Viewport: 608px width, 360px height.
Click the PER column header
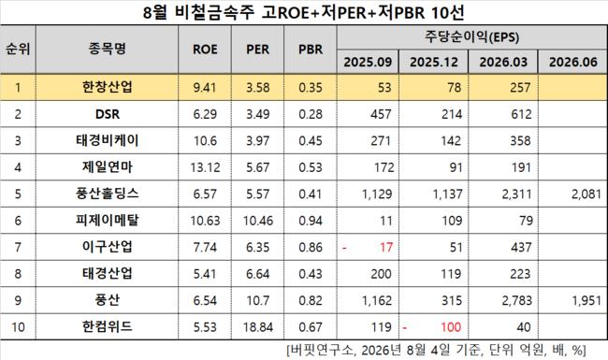point(257,50)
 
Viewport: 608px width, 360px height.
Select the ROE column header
point(205,50)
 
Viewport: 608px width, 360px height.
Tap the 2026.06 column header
point(572,62)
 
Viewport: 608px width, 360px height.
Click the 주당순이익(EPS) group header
point(471,36)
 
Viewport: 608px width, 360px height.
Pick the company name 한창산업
point(107,87)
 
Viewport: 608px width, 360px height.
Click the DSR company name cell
point(108,114)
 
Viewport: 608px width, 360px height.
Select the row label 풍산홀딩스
point(107,194)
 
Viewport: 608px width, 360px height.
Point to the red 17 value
point(385,247)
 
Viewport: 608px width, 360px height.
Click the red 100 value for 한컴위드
point(451,326)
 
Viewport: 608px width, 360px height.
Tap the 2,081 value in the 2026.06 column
point(586,194)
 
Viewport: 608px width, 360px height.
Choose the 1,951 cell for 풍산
point(586,300)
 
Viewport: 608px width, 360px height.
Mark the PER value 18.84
point(258,326)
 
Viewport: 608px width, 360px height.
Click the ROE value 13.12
point(205,167)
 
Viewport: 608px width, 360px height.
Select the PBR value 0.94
point(311,221)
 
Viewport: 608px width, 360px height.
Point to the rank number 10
point(18,326)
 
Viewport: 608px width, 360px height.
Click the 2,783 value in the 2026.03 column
point(516,300)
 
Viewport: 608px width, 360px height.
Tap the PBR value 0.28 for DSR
point(311,114)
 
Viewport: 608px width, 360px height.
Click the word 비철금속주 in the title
point(214,13)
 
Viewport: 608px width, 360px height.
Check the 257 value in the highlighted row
point(520,87)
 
